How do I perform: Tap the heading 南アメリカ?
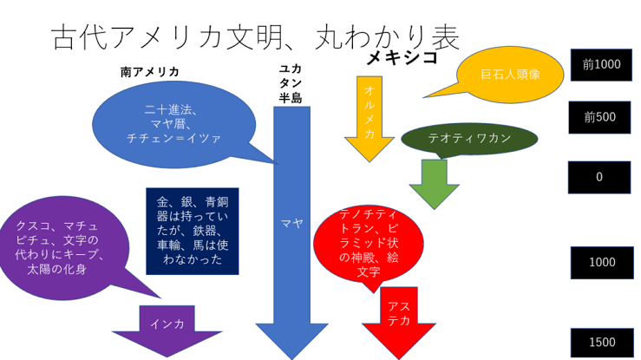[149, 72]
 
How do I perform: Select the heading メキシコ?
[402, 58]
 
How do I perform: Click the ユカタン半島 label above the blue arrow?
[291, 83]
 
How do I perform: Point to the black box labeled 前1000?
[601, 65]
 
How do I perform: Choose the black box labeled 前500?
[599, 117]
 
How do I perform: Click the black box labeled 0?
[599, 177]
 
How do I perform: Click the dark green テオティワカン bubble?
[469, 139]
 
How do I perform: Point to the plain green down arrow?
[434, 182]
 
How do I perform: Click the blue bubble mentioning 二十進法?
[171, 124]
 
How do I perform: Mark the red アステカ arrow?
[398, 317]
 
